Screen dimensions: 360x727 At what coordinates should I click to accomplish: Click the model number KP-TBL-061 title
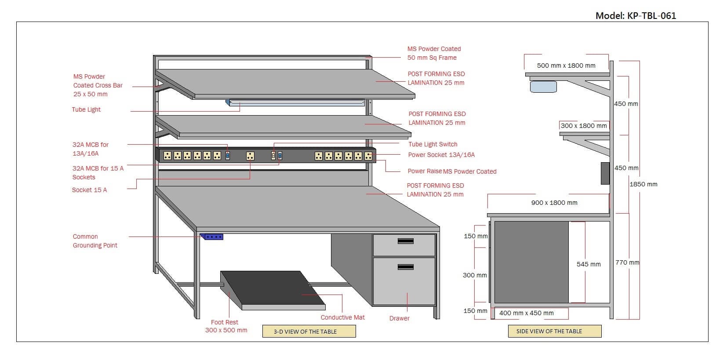636,16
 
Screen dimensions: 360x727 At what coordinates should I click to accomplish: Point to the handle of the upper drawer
405,241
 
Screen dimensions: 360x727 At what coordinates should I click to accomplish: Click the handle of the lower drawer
405,267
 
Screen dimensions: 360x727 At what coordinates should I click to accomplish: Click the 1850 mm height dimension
643,184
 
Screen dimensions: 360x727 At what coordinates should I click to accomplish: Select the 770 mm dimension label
627,262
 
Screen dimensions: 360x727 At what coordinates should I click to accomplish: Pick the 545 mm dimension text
589,264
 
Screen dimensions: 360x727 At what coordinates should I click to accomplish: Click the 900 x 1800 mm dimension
554,203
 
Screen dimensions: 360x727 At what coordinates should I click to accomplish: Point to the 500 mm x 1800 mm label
566,65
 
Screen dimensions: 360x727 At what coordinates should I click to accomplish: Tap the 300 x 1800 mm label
584,126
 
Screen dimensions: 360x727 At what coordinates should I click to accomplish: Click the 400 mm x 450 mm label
527,313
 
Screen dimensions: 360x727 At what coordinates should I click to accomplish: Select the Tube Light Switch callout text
433,144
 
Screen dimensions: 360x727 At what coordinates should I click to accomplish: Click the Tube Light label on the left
86,109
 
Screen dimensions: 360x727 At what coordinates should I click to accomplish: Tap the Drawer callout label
399,318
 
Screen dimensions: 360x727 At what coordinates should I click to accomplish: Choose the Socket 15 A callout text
89,190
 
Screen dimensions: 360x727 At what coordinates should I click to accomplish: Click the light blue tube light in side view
543,87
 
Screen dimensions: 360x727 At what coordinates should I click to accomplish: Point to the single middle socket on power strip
250,156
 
